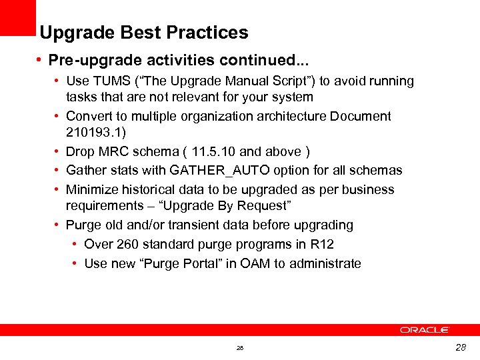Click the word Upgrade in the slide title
click(x=68, y=33)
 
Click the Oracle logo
click(x=425, y=329)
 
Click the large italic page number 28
click(x=460, y=347)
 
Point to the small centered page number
click(x=240, y=348)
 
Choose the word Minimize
click(x=90, y=189)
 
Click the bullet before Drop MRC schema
click(x=59, y=152)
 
